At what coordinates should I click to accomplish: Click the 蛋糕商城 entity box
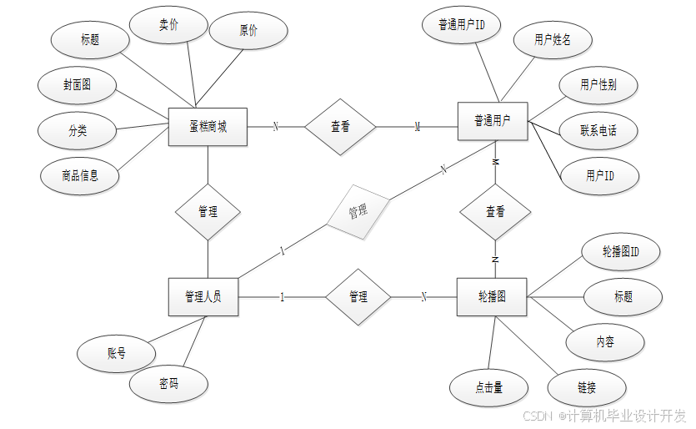208,128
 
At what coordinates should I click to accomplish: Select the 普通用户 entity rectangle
493,122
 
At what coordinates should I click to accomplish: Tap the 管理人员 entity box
203,296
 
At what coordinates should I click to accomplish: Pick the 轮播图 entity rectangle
492,296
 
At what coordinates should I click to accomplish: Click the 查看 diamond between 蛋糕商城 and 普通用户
340,128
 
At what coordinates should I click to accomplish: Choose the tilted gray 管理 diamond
358,211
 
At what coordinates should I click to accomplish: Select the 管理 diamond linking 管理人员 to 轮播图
358,296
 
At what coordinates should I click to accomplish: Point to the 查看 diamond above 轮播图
495,212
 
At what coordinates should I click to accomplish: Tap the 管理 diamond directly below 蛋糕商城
208,212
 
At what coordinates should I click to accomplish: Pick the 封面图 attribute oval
77,85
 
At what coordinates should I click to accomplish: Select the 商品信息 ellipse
80,175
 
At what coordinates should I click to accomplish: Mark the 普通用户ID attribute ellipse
462,26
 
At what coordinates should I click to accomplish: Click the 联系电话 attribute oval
598,130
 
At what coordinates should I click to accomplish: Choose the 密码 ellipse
168,384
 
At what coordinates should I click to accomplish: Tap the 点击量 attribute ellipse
488,387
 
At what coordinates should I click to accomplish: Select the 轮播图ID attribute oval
621,251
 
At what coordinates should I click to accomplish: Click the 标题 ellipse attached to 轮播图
623,296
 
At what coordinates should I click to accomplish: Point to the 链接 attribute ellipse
587,387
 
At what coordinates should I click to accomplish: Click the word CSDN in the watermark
538,415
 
